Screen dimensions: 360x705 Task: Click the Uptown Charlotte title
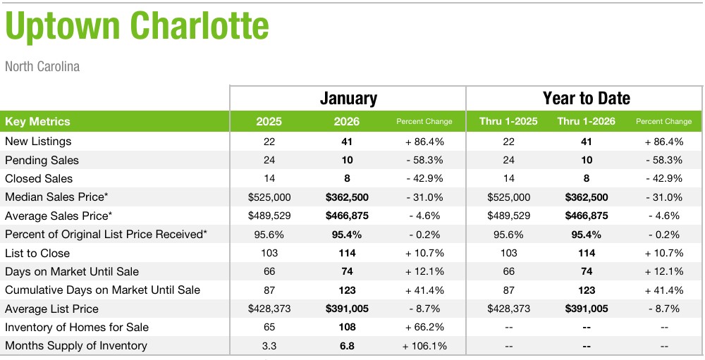pyautogui.click(x=137, y=27)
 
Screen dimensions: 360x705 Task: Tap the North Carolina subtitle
pyautogui.click(x=42, y=67)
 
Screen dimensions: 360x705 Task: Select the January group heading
pyautogui.click(x=348, y=98)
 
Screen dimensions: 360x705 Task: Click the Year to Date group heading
pyautogui.click(x=586, y=98)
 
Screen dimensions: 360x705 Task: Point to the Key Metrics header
pyautogui.click(x=37, y=121)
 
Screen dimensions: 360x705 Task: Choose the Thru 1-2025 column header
pyautogui.click(x=508, y=121)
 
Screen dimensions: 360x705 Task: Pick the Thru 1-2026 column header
pyautogui.click(x=586, y=121)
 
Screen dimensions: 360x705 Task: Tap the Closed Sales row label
pyautogui.click(x=39, y=179)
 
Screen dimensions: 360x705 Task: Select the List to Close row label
pyautogui.click(x=37, y=253)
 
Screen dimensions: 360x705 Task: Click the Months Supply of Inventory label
pyautogui.click(x=76, y=346)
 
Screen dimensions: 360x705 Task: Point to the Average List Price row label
pyautogui.click(x=51, y=309)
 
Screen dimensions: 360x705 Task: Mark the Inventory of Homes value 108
pyautogui.click(x=347, y=327)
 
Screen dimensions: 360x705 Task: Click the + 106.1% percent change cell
pyautogui.click(x=424, y=346)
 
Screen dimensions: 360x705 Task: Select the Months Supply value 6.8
pyautogui.click(x=347, y=346)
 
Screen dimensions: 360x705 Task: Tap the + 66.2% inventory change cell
pyautogui.click(x=424, y=327)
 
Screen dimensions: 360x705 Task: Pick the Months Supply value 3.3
pyautogui.click(x=269, y=346)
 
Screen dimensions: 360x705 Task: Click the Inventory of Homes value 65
pyautogui.click(x=269, y=327)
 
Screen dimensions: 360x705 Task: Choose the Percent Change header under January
pyautogui.click(x=424, y=121)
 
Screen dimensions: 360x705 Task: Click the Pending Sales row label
pyautogui.click(x=42, y=160)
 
